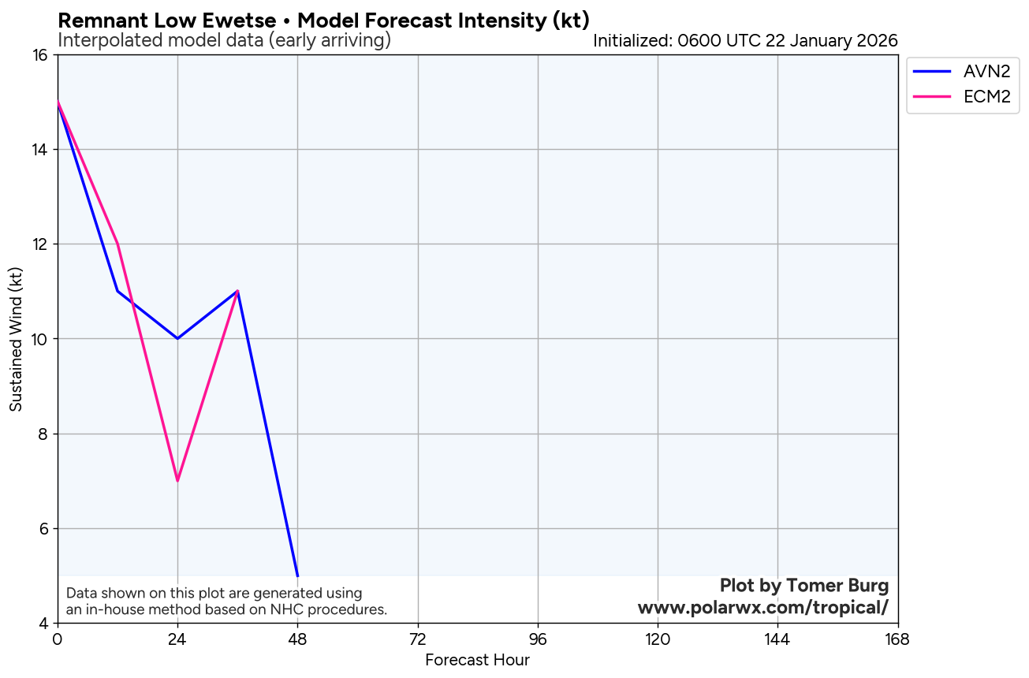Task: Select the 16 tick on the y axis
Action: pyautogui.click(x=40, y=55)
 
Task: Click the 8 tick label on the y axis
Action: pyautogui.click(x=44, y=434)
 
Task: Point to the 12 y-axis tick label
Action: pyautogui.click(x=40, y=244)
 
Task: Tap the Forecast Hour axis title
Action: pyautogui.click(x=477, y=661)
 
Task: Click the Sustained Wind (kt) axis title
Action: pyautogui.click(x=16, y=339)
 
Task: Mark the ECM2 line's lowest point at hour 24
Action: pyautogui.click(x=177, y=481)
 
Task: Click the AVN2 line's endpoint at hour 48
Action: pyautogui.click(x=297, y=576)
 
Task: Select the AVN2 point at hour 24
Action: pyautogui.click(x=177, y=339)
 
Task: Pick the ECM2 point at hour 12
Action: pyautogui.click(x=117, y=244)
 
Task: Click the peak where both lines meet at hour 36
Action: pyautogui.click(x=237, y=292)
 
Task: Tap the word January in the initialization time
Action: pyautogui.click(x=815, y=40)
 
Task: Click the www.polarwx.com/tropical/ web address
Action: pyautogui.click(x=762, y=608)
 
